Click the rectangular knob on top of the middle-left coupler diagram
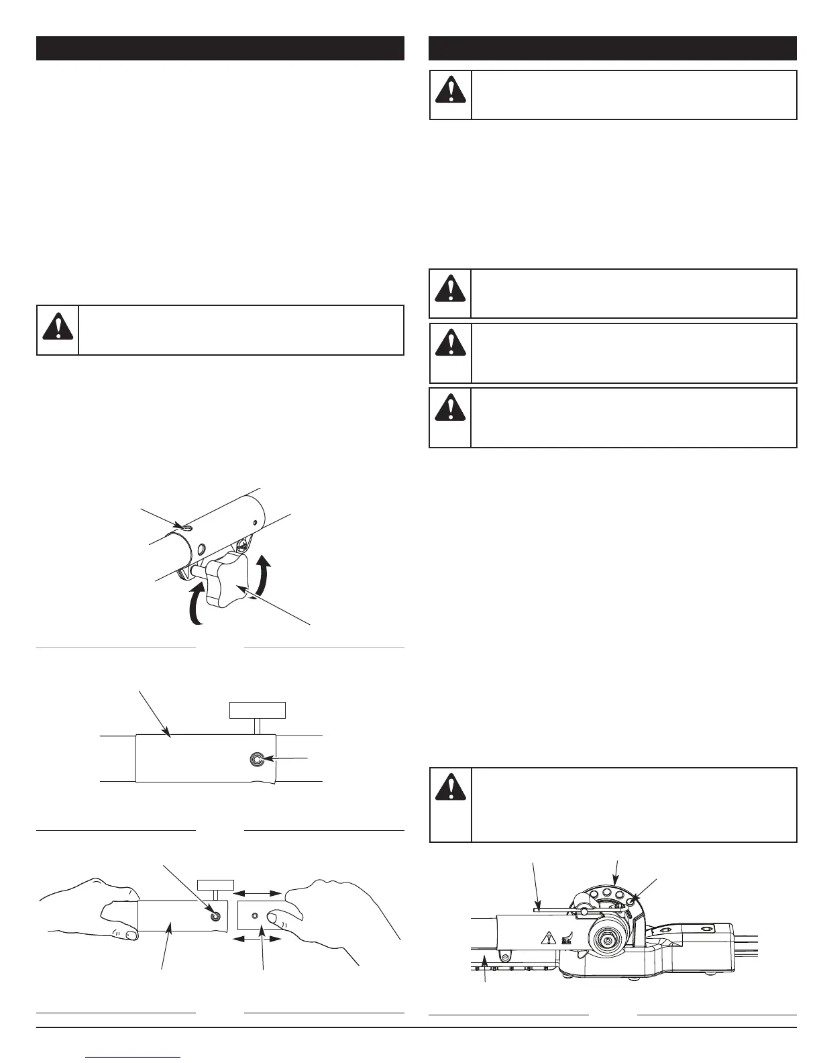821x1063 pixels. coord(258,710)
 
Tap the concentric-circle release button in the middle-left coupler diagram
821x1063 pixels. coord(256,759)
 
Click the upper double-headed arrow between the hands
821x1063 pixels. coord(256,893)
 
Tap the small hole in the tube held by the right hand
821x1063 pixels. coord(254,915)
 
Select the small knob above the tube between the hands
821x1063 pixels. coord(215,883)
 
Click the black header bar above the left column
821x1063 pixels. coord(220,48)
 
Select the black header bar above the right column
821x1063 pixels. coord(612,48)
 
